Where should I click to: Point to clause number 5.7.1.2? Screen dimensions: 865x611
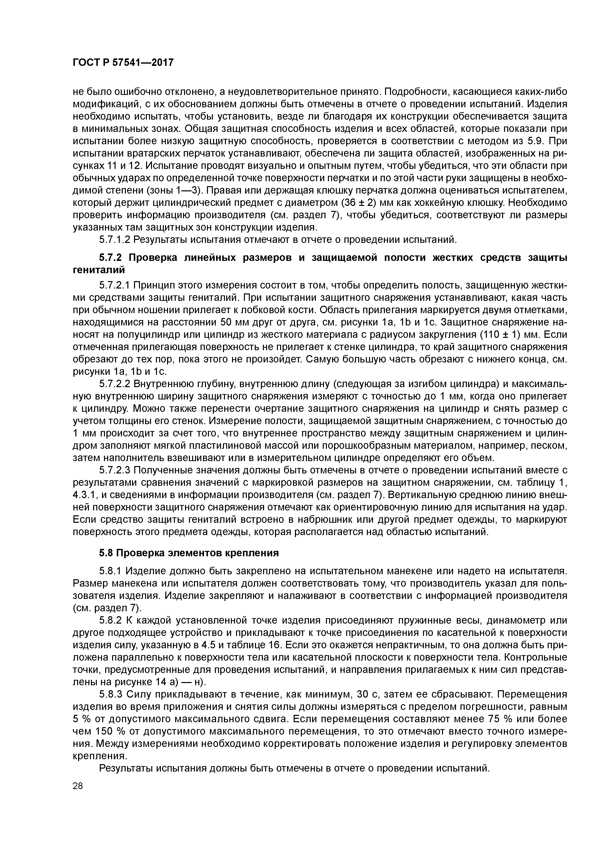coord(115,240)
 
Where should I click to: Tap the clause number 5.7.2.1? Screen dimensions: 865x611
coord(115,286)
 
